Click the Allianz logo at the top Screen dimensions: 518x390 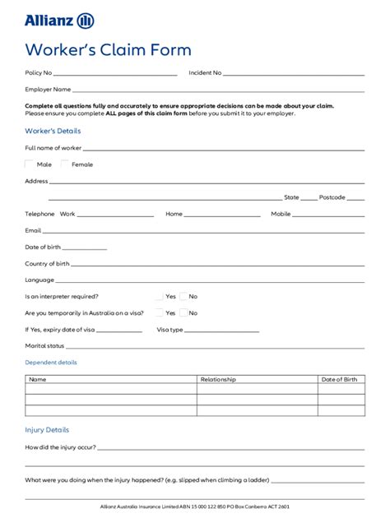(59, 21)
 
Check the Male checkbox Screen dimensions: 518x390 (30, 164)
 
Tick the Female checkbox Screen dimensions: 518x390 (65, 164)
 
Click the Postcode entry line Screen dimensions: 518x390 (355, 198)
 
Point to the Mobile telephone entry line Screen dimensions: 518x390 (329, 215)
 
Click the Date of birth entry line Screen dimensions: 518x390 (85, 247)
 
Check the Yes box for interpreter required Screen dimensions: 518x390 (159, 296)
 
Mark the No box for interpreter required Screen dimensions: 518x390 (183, 296)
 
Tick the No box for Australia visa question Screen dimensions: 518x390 (183, 312)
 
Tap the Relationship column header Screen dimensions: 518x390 (218, 379)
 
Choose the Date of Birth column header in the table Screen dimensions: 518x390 (339, 379)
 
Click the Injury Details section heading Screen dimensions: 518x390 (47, 430)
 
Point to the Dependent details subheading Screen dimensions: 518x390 (51, 362)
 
